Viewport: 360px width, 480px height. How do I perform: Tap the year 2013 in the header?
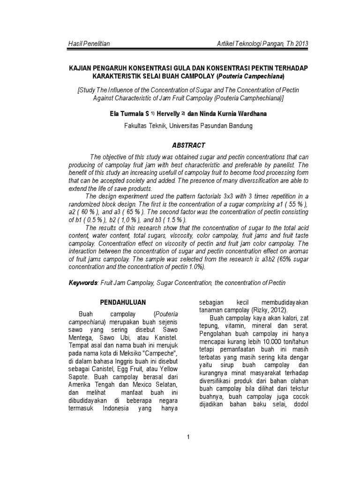pyautogui.click(x=300, y=44)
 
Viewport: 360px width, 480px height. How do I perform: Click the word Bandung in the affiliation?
pyautogui.click(x=239, y=126)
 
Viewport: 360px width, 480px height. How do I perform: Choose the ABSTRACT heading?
pyautogui.click(x=187, y=146)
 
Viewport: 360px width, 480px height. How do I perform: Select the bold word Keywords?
pyautogui.click(x=82, y=283)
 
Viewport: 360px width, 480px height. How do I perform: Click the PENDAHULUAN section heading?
pyautogui.click(x=124, y=302)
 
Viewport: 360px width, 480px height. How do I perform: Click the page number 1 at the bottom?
pyautogui.click(x=188, y=437)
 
